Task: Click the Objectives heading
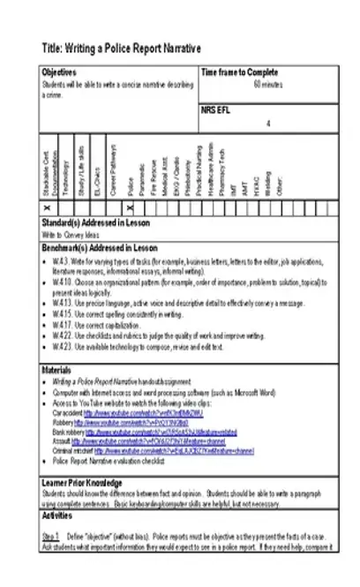point(59,72)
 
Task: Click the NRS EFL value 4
point(267,124)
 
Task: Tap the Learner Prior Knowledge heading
point(82,483)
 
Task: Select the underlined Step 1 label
point(50,536)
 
